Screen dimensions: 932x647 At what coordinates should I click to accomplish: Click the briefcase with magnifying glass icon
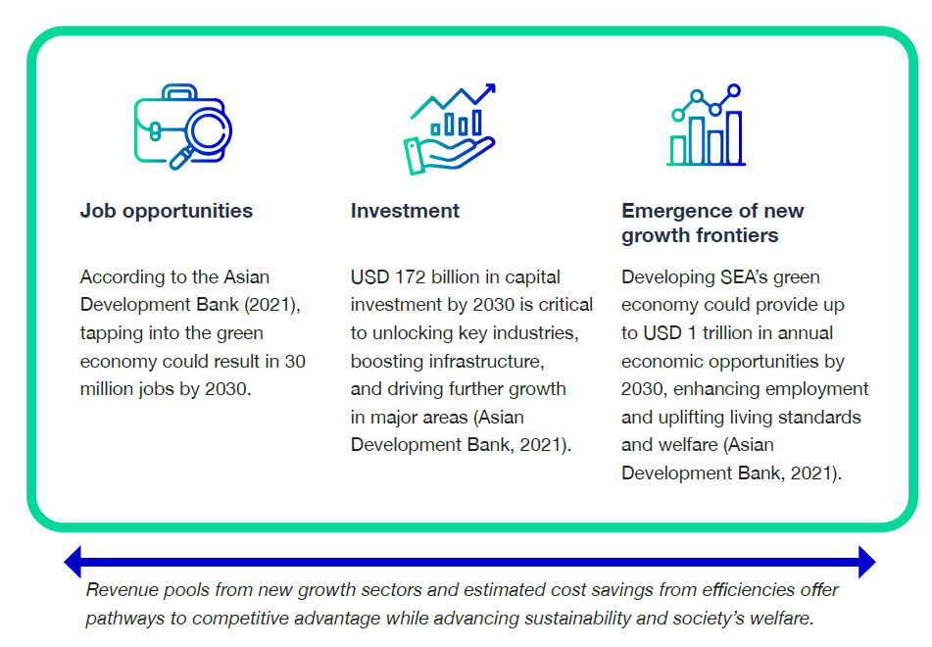coord(182,126)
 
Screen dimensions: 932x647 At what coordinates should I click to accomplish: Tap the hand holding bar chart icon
coord(450,129)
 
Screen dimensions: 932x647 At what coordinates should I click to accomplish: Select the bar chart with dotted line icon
coord(707,124)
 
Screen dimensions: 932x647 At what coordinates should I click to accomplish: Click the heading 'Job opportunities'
coord(167,211)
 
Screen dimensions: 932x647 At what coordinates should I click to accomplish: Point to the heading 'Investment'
coord(405,211)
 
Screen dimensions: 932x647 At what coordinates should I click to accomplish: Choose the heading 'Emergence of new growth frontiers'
coord(712,223)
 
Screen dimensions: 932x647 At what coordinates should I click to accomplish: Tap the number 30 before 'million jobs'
coord(295,361)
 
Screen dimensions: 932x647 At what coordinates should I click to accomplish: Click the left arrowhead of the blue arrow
coord(74,562)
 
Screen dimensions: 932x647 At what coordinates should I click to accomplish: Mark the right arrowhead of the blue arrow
coord(867,562)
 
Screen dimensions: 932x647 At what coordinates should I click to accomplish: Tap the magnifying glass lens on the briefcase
coord(208,130)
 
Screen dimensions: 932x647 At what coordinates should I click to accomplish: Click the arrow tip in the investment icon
coord(491,88)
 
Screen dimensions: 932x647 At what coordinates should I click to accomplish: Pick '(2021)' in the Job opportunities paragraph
coord(272,305)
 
